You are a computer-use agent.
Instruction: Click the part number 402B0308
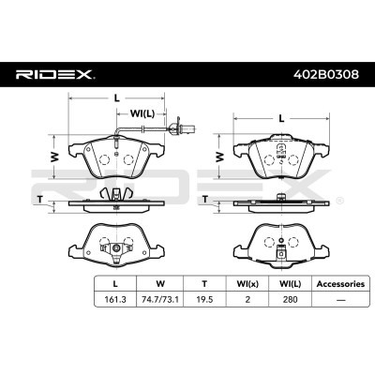(x=326, y=75)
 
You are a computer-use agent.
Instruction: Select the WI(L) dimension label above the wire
(x=142, y=113)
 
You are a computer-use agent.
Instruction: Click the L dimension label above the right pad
(x=281, y=118)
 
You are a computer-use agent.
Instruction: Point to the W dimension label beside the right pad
(x=220, y=157)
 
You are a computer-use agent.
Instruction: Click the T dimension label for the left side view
(x=39, y=199)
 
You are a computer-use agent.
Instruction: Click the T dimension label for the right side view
(x=205, y=199)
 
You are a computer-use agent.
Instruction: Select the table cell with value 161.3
(x=115, y=299)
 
